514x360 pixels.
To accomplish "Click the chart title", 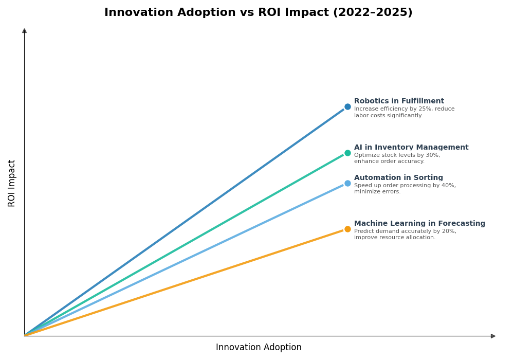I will (x=258, y=12).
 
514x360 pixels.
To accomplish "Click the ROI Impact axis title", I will (x=12, y=183).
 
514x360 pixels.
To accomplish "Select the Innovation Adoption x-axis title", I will (x=259, y=348).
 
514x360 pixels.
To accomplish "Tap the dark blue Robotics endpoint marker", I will (x=347, y=107).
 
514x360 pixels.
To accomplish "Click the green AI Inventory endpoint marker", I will (x=347, y=153).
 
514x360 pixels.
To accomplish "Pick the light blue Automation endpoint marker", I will (x=347, y=183).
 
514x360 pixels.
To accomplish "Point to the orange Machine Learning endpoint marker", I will (x=347, y=229).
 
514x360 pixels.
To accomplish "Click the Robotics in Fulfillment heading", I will (x=399, y=101).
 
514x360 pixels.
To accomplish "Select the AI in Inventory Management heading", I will (x=411, y=148).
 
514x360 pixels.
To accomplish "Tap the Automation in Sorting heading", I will (x=398, y=178).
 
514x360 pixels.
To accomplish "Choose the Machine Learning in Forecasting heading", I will (x=419, y=224).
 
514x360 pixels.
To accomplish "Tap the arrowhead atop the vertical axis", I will (x=24, y=31).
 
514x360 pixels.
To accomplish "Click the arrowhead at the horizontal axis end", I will (x=493, y=336).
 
